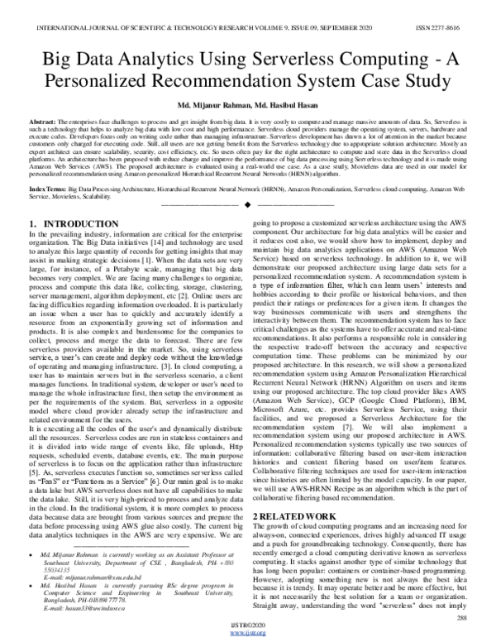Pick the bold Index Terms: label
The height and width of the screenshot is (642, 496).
coord(47,189)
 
